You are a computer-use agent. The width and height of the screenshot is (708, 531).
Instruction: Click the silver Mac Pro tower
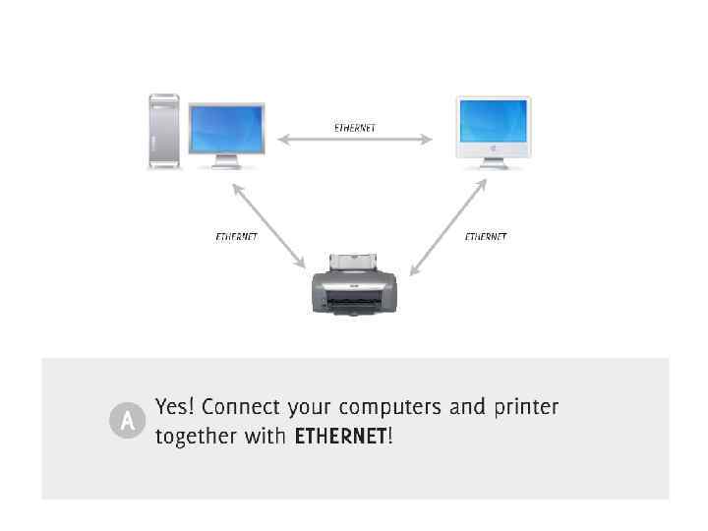click(x=164, y=131)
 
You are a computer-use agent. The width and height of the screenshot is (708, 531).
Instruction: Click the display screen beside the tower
click(x=226, y=128)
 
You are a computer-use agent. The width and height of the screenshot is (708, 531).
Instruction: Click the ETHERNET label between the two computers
click(x=355, y=128)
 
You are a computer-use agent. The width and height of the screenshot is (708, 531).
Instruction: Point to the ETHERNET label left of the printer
click(x=236, y=237)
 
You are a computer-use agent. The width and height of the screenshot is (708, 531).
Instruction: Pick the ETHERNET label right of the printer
click(x=486, y=237)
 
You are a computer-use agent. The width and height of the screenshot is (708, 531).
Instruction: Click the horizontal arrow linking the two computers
click(x=355, y=140)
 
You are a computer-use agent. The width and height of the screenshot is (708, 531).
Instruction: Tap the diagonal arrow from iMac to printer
click(x=448, y=226)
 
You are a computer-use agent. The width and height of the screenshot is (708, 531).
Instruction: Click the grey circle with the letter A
click(x=127, y=422)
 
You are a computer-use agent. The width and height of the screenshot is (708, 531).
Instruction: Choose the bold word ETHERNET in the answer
click(x=340, y=437)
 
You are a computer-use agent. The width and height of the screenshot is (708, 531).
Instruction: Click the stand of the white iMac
click(x=493, y=162)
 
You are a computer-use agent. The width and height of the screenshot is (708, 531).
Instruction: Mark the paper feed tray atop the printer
click(x=354, y=261)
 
